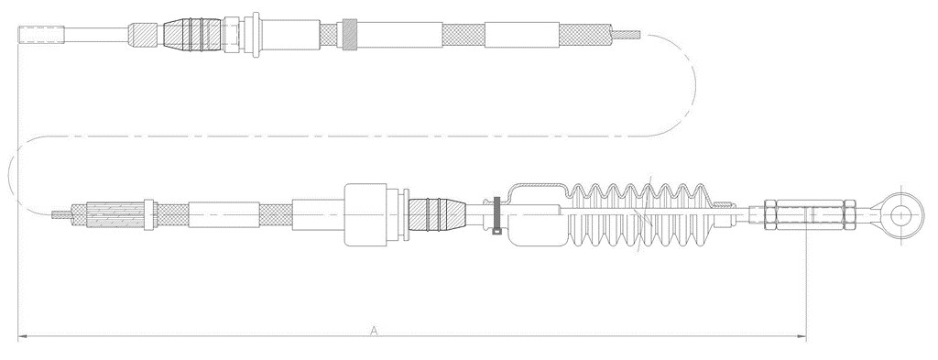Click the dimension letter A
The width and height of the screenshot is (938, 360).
pyautogui.click(x=374, y=330)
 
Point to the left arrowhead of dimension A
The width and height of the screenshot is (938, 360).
pyautogui.click(x=23, y=337)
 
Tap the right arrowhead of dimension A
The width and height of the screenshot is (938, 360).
pyautogui.click(x=802, y=337)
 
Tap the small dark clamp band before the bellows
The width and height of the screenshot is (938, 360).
pyautogui.click(x=496, y=214)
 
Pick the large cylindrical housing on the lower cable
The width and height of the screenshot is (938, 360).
pyautogui.click(x=366, y=214)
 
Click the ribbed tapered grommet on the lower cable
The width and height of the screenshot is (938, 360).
pyautogui.click(x=437, y=214)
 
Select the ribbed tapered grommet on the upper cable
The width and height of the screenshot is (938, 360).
pyautogui.click(x=192, y=35)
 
